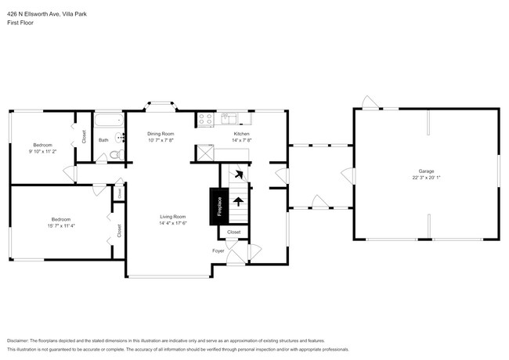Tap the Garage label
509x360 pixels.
tap(426, 171)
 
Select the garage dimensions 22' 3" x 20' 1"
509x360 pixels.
tap(426, 177)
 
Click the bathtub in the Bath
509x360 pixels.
tap(109, 121)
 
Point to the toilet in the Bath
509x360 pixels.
tap(115, 155)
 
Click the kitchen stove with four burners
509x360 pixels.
tap(205, 120)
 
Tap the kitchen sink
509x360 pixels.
tap(230, 119)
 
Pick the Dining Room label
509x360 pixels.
tap(161, 134)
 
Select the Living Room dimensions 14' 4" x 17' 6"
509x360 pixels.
tap(172, 223)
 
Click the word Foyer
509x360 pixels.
tap(218, 250)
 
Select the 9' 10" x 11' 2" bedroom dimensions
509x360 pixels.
tap(43, 151)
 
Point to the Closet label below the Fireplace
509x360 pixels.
tap(234, 232)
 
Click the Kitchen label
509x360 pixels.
tap(241, 134)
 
